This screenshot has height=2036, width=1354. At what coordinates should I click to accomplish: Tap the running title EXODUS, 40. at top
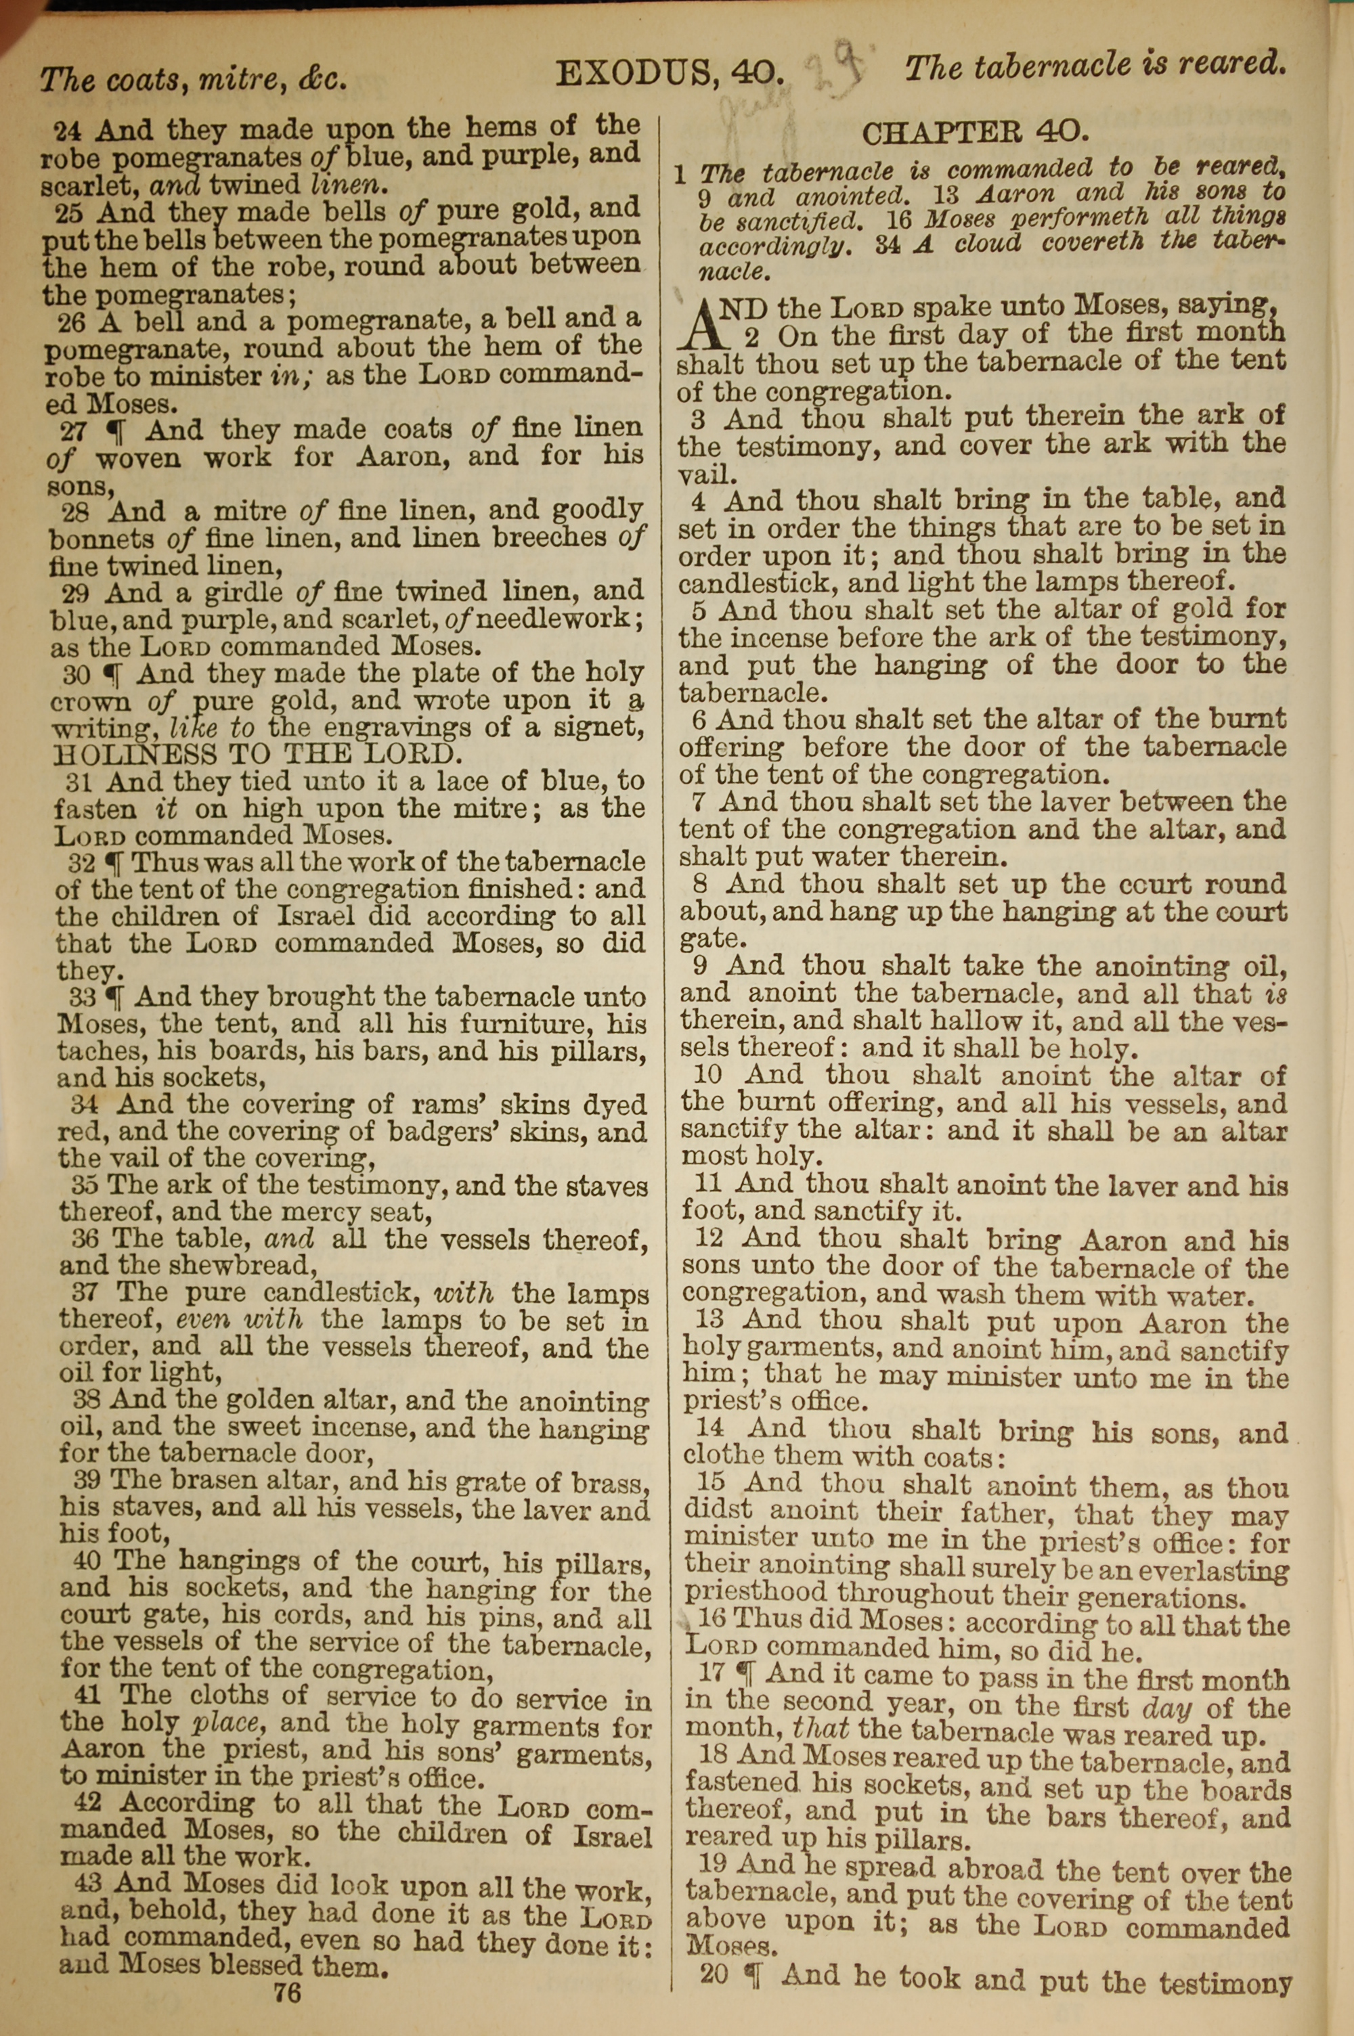click(670, 74)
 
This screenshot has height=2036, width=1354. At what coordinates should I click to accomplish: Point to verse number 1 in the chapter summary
click(680, 175)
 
